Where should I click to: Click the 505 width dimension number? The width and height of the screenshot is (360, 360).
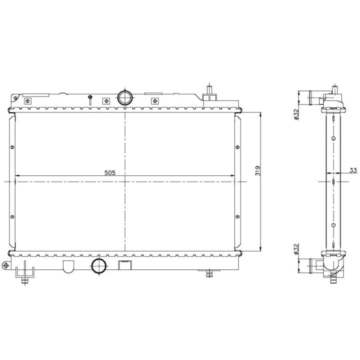(110, 172)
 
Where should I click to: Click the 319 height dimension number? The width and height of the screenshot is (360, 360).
(257, 171)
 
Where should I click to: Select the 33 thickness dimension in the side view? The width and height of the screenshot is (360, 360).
(353, 171)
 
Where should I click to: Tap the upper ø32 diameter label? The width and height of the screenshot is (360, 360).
(296, 114)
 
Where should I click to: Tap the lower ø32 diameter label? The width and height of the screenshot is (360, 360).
(296, 249)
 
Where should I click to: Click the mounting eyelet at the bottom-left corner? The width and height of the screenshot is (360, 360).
(6, 265)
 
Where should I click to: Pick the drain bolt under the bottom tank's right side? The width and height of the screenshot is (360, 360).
(209, 273)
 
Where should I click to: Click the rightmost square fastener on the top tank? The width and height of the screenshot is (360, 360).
(156, 100)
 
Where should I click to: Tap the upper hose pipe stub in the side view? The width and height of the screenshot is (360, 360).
(315, 94)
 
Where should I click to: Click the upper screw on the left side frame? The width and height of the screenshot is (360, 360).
(12, 147)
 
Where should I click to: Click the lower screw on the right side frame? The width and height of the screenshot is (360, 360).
(237, 216)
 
